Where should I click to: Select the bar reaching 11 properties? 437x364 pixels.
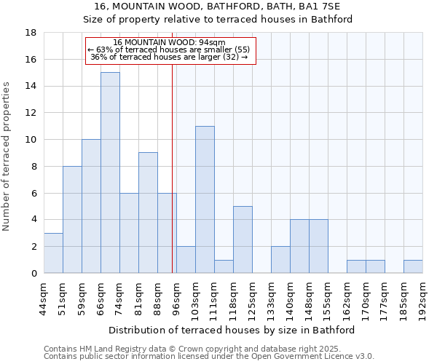pyautogui.click(x=205, y=199)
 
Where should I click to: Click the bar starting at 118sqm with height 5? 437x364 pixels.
pyautogui.click(x=243, y=240)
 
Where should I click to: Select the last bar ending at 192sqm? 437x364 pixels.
pyautogui.click(x=413, y=266)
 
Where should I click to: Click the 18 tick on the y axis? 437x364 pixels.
pyautogui.click(x=31, y=33)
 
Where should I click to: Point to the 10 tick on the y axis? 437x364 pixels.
pyautogui.click(x=31, y=140)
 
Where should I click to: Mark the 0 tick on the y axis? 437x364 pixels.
pyautogui.click(x=34, y=273)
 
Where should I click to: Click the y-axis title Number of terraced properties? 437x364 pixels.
pyautogui.click(x=7, y=157)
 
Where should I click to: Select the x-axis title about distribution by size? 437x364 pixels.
pyautogui.click(x=232, y=330)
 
